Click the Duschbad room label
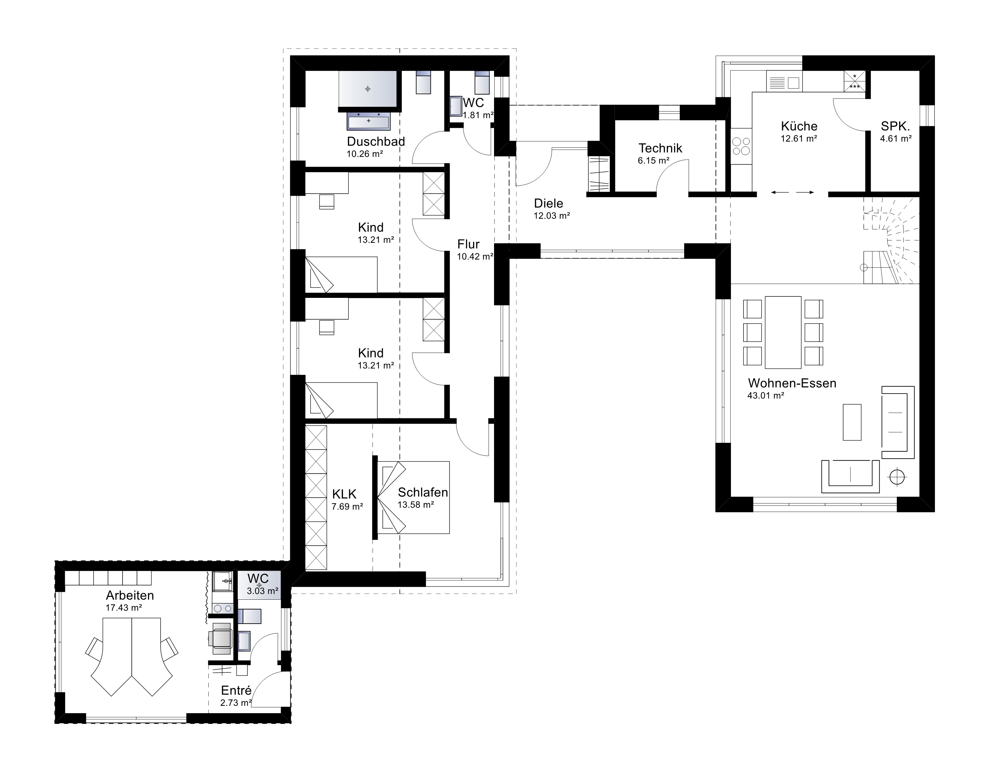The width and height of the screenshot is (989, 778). [376, 141]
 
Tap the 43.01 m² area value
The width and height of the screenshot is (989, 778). [766, 396]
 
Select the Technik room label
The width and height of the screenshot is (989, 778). [660, 148]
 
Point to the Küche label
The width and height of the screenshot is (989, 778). [799, 126]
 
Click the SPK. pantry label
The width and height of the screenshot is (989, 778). [895, 126]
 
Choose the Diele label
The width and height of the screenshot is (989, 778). [548, 203]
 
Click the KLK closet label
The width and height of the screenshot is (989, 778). [344, 494]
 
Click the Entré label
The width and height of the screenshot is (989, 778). [236, 691]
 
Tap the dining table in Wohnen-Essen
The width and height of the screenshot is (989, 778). [783, 332]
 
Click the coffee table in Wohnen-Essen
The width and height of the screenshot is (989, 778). [852, 422]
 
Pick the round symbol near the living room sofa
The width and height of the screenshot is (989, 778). [897, 477]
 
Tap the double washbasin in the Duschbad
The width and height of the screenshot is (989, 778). [369, 121]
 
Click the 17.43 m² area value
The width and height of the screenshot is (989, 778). [124, 608]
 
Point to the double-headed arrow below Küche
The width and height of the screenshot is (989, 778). [793, 193]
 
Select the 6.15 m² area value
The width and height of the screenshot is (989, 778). [653, 160]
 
